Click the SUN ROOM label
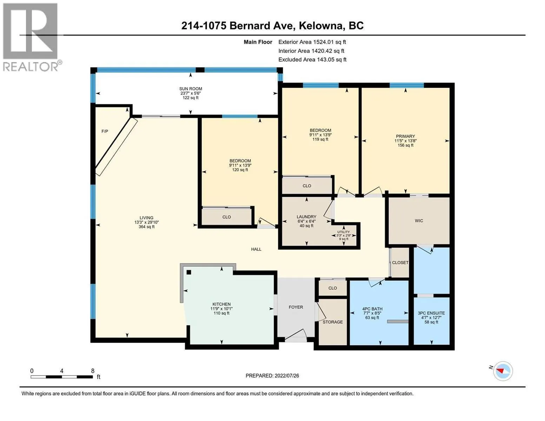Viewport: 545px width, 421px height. pos(191,89)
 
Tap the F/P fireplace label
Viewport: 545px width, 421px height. pos(105,131)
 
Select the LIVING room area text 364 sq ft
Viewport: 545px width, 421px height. pos(146,227)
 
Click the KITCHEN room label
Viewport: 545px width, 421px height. pos(221,304)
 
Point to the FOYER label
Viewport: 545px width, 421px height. pos(295,307)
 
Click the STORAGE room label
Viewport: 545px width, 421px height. pos(332,322)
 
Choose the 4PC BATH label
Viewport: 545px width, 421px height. pos(372,309)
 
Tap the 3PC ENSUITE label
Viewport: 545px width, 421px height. pos(431,313)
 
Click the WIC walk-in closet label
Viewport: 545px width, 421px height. pos(419,221)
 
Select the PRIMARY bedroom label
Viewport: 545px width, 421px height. pos(405,136)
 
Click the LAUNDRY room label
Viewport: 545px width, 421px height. pos(306,217)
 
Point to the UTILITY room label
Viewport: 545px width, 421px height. pos(344,232)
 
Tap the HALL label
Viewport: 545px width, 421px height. pos(256,249)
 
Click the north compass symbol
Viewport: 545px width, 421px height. pos(503,370)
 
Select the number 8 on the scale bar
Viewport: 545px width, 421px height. pos(93,371)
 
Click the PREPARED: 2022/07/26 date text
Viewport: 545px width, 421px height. pos(272,376)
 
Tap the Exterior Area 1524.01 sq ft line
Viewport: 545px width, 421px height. pos(312,42)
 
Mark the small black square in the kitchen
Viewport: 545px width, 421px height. pos(189,272)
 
